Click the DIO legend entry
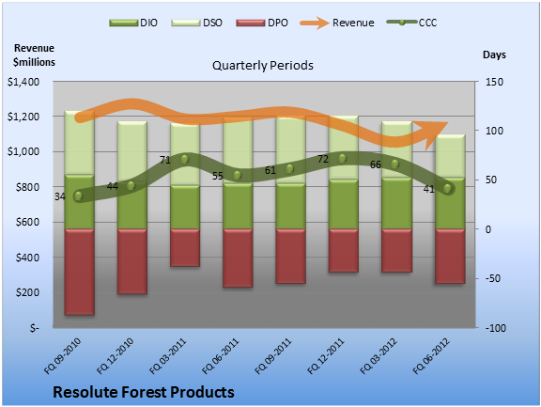[133, 23]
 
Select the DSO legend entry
[196, 23]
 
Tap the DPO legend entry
[262, 23]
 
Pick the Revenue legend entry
[337, 23]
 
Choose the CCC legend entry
[412, 23]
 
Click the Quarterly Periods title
[263, 65]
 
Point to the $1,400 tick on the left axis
[23, 82]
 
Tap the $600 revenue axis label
[27, 222]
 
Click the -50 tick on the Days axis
[492, 278]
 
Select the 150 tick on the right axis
[494, 82]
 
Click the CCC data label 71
[165, 160]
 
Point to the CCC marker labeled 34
[78, 196]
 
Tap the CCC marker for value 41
[447, 189]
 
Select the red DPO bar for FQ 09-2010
[79, 272]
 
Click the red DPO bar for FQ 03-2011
[185, 247]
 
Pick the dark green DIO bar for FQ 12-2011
[344, 204]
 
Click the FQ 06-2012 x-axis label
[432, 356]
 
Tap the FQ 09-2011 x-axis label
[273, 356]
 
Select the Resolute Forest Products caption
[144, 392]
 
